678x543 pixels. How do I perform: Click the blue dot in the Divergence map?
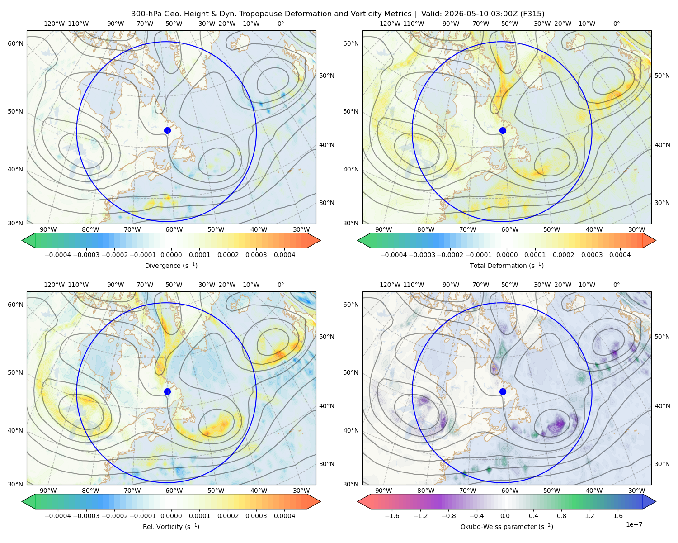pos(167,130)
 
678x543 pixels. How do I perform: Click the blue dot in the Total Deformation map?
pos(503,130)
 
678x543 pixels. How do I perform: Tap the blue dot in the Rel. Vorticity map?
pos(167,391)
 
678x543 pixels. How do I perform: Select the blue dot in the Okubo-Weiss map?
pos(503,391)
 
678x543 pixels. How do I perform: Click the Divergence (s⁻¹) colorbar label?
pos(171,266)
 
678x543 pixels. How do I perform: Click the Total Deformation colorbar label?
pos(507,266)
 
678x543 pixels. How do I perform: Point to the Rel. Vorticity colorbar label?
pos(171,527)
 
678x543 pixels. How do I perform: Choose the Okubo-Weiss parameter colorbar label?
pos(507,527)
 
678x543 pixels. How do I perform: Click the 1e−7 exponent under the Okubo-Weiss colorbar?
pos(634,524)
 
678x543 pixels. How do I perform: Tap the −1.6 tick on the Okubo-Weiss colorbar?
pos(392,516)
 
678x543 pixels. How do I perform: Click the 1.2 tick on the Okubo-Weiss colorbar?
pos(589,516)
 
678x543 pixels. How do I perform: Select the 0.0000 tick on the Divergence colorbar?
pos(171,255)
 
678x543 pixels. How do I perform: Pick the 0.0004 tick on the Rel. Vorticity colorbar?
pos(284,516)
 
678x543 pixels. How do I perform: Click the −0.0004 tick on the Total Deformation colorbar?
pos(394,255)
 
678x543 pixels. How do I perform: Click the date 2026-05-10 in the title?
pos(457,14)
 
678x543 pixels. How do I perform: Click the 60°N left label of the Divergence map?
pos(15,43)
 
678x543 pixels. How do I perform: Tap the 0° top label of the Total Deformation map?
pos(617,24)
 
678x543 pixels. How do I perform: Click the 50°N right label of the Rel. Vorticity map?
pos(327,337)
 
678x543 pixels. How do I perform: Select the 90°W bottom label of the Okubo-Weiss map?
pos(383,491)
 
